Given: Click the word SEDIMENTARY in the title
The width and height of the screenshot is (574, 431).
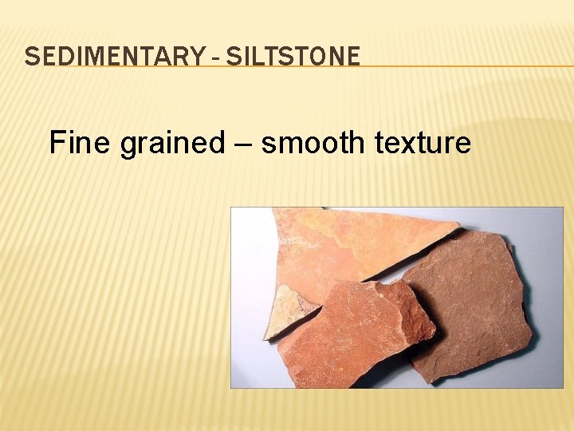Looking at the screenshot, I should [112, 57].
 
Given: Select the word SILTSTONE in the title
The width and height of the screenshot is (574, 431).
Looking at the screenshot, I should [293, 57].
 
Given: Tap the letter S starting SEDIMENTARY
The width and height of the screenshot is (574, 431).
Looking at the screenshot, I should [30, 57].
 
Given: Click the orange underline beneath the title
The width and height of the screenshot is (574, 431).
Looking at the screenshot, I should [462, 66].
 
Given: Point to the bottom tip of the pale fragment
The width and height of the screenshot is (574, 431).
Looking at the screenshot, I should [268, 338].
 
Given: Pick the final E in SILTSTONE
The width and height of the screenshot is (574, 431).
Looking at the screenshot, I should [354, 57].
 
